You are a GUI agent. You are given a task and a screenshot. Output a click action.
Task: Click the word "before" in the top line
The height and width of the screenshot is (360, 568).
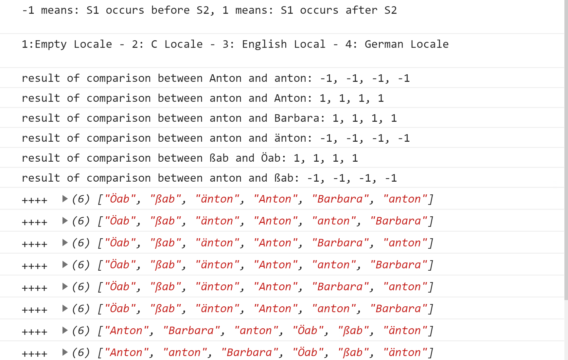[x=170, y=10]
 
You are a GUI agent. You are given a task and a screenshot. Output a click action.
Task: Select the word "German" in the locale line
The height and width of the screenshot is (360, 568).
[x=384, y=44]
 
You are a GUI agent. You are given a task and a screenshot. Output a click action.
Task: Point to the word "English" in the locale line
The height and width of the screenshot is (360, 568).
[x=264, y=44]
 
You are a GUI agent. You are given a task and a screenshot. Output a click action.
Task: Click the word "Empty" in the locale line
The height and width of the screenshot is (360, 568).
[x=50, y=44]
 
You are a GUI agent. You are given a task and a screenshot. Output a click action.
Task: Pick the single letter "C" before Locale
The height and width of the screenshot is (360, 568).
[x=154, y=44]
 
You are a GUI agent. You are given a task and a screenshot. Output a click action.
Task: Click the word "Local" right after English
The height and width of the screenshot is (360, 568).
[x=310, y=44]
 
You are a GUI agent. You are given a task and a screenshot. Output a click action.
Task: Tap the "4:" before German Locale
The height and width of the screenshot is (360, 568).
[x=351, y=44]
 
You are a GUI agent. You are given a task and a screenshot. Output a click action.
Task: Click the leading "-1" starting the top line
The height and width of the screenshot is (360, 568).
[x=28, y=10]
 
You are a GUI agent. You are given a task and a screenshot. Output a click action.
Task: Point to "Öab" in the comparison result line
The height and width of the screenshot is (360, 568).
[x=271, y=158]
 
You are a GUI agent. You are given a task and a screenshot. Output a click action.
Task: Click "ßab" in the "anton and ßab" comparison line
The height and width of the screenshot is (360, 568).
[x=284, y=178]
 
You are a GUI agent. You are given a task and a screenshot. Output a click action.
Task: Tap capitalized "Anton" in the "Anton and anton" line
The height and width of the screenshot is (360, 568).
[x=225, y=78]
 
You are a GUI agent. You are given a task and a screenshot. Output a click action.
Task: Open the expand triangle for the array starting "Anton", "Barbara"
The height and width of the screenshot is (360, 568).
[x=65, y=330]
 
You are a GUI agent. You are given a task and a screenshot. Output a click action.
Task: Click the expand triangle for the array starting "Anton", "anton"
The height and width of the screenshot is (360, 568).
[x=65, y=352]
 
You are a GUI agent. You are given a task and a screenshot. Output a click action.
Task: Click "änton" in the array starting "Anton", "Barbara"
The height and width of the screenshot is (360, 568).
[x=405, y=331]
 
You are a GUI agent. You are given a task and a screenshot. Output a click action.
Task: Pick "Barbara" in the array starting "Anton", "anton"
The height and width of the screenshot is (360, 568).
[x=250, y=352]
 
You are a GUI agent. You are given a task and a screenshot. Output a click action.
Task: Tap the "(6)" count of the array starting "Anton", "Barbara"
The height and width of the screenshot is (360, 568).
[x=81, y=331]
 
